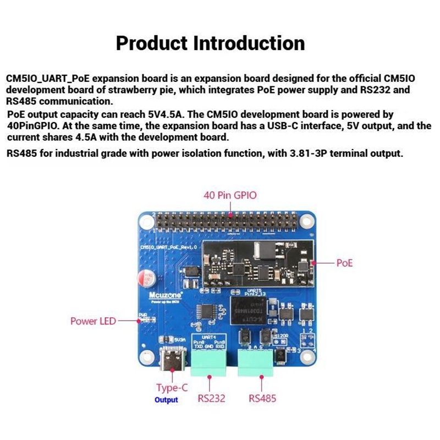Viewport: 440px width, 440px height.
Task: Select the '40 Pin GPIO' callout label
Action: click(230, 195)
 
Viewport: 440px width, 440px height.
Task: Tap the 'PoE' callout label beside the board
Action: click(344, 263)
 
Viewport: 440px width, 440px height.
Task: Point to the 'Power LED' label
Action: click(93, 321)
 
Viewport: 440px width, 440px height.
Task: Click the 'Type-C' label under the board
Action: click(172, 388)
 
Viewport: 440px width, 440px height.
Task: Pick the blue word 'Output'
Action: click(166, 400)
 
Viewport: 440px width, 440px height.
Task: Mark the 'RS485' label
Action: click(262, 398)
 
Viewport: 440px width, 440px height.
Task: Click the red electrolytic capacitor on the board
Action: click(148, 278)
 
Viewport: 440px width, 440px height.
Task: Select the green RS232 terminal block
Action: click(209, 361)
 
